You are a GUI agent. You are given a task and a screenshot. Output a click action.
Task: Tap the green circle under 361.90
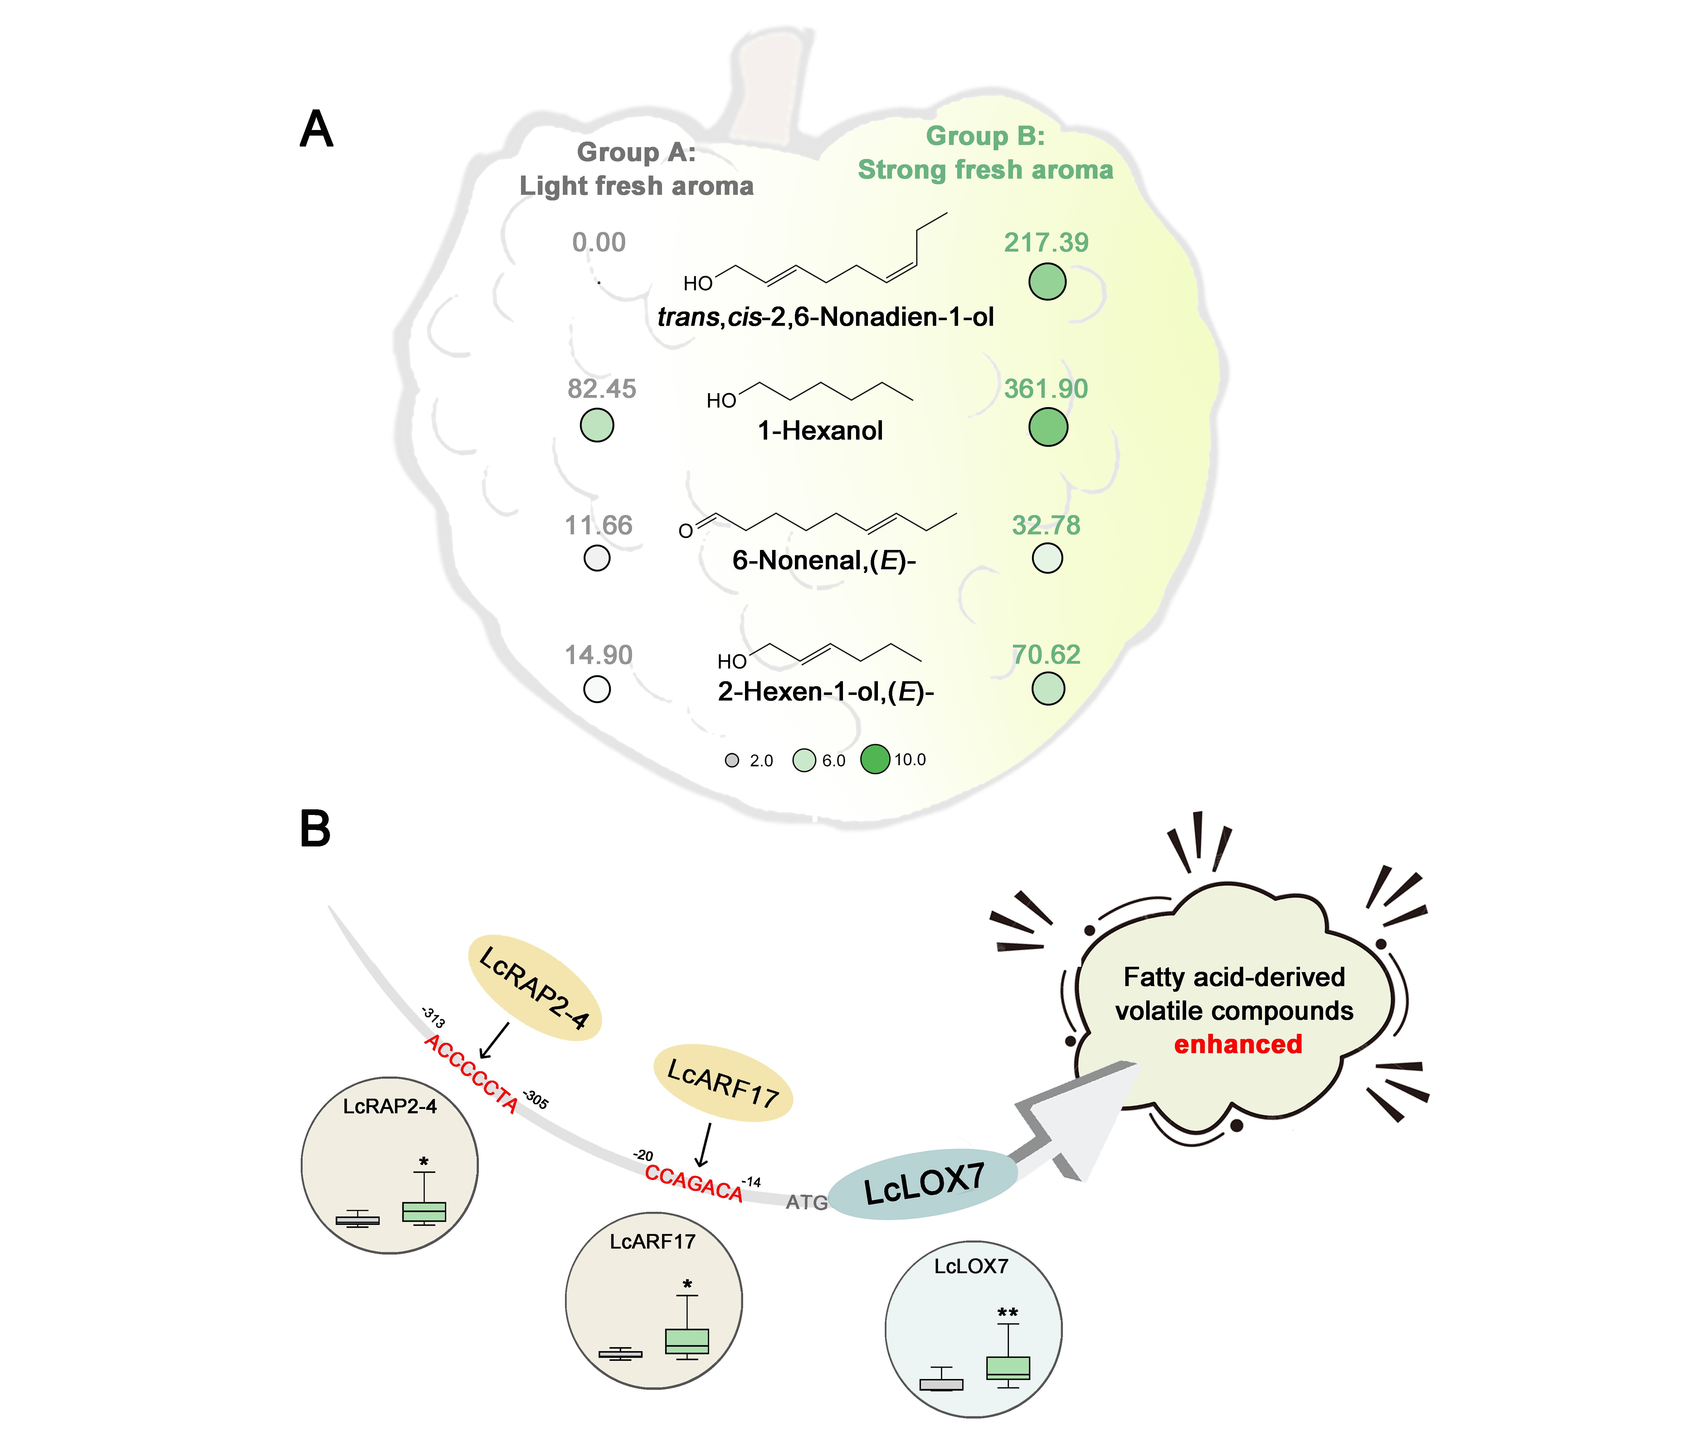pos(1048,427)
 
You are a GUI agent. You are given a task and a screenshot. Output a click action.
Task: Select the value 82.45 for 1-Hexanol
pos(601,389)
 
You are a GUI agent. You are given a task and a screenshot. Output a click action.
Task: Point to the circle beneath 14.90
pos(597,689)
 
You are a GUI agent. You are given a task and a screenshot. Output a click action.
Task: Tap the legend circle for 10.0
pos(875,759)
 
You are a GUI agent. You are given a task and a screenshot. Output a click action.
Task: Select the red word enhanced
pos(1238,1044)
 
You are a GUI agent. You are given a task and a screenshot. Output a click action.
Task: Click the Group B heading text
pos(985,153)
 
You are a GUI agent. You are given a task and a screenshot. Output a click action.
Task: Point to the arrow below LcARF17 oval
pos(704,1144)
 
